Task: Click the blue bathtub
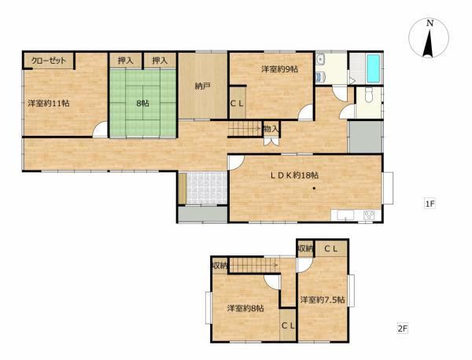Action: point(373,68)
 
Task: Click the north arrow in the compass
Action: point(428,42)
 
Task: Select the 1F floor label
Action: point(430,204)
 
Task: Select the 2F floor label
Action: point(403,328)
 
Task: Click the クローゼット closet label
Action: point(49,61)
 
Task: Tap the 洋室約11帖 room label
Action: point(49,104)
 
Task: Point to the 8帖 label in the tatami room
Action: point(142,104)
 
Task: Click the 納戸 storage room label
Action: point(202,86)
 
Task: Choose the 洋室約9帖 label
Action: point(279,69)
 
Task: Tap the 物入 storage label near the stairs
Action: point(271,130)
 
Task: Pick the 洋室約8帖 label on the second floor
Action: point(245,308)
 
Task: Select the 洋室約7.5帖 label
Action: point(323,299)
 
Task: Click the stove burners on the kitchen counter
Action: point(369,215)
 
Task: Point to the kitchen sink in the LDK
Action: point(345,215)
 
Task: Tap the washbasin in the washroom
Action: point(319,59)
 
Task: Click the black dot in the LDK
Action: point(314,189)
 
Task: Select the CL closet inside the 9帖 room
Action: point(238,102)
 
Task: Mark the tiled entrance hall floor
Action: point(206,189)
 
